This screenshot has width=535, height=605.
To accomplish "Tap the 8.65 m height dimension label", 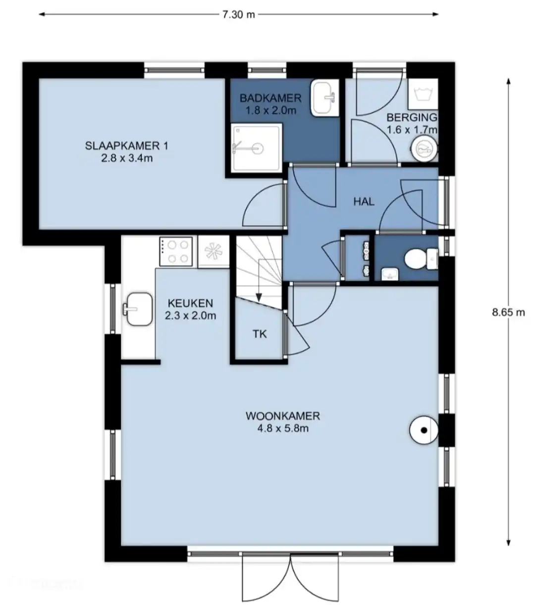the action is (508, 312).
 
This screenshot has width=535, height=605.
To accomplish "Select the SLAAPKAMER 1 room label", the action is (127, 146).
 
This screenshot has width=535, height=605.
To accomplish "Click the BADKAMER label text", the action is (270, 98).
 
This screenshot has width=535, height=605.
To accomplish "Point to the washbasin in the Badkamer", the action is (325, 97).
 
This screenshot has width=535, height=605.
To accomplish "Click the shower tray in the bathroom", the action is (256, 148).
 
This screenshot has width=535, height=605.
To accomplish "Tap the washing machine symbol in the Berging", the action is (423, 94).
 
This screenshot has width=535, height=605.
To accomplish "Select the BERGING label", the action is (412, 117).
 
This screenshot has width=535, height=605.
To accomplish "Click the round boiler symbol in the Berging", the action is (424, 148).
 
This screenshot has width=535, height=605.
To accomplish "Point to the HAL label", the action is (364, 202).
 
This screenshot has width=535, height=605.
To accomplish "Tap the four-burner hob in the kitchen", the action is (176, 251).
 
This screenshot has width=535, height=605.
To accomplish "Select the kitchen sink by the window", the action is (138, 309).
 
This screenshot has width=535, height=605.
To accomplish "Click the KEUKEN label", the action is (191, 303).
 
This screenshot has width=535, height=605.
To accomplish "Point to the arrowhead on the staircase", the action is (259, 297).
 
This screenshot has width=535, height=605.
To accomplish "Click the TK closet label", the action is (260, 334).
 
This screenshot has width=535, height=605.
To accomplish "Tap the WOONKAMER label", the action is (283, 416).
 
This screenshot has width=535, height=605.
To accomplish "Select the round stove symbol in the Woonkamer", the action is (424, 430).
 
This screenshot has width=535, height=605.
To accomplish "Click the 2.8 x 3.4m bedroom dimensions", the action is (127, 158).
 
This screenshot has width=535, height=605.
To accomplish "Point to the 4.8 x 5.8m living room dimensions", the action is (283, 428).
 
